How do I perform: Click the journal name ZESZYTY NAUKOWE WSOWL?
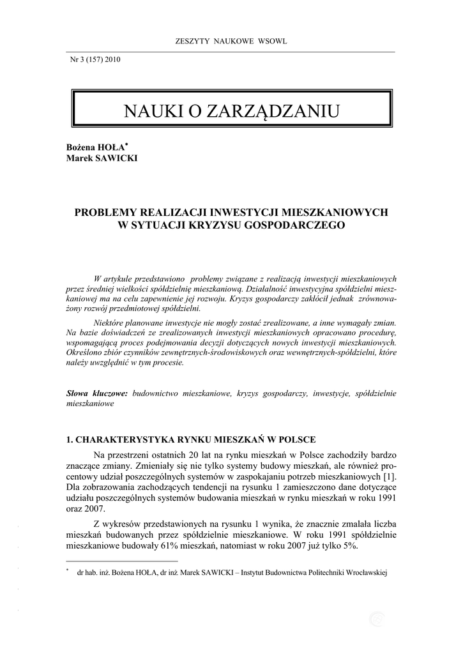coord(231,42)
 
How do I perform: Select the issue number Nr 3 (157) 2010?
coord(95,60)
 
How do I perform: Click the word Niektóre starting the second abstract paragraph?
coord(109,322)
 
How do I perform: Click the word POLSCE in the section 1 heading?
coord(296,439)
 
